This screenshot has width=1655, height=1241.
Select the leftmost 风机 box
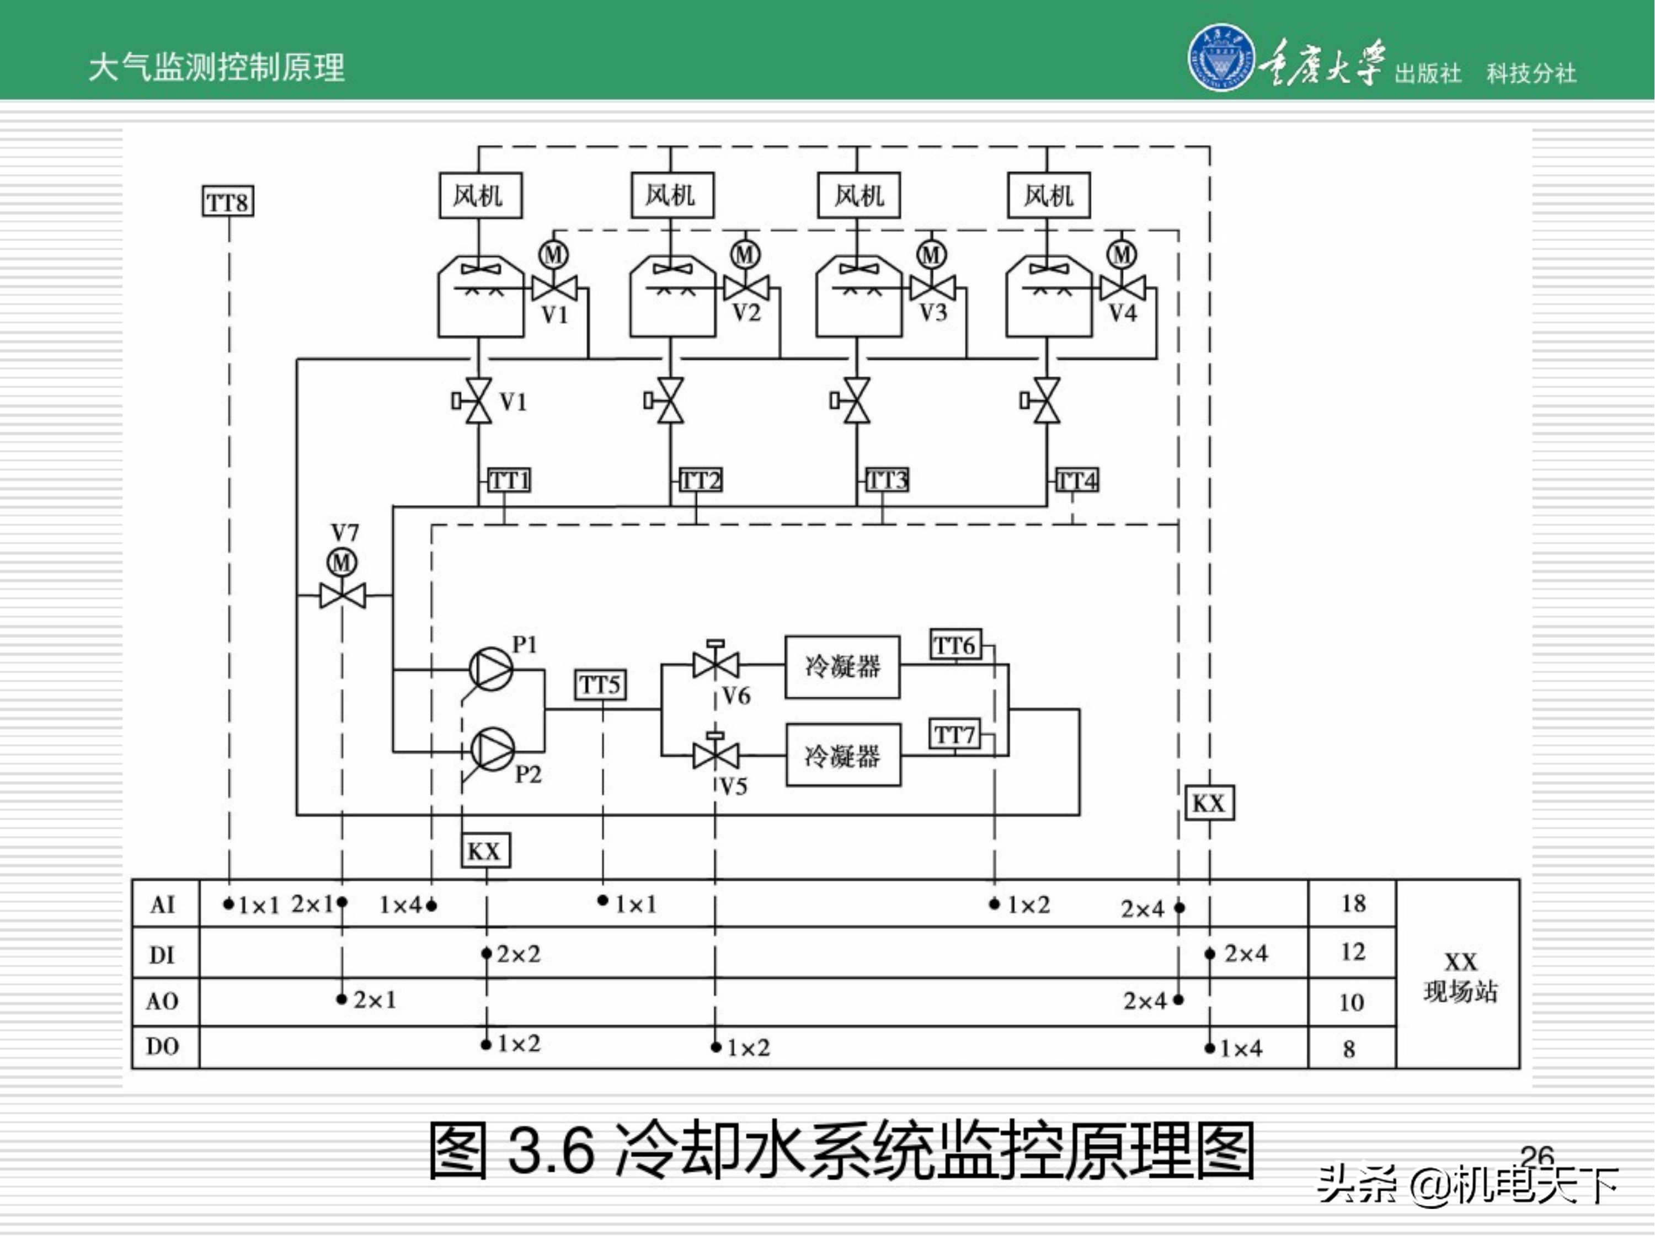[479, 196]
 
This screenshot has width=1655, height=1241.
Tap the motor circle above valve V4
[1122, 254]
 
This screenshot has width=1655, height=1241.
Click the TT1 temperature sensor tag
[510, 480]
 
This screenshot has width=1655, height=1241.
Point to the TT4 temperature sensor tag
[1077, 480]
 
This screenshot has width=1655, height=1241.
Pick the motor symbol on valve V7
[342, 563]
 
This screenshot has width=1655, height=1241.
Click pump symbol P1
[491, 668]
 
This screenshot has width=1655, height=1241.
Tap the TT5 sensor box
[600, 684]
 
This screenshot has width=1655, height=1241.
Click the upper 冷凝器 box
[842, 666]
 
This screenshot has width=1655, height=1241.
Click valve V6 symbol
[716, 664]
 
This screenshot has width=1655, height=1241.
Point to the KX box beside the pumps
[485, 850]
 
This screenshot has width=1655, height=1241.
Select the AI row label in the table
[163, 905]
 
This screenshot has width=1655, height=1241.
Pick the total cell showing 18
[1353, 903]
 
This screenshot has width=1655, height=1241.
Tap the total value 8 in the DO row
[1349, 1049]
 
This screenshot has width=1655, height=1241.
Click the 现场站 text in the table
[1460, 992]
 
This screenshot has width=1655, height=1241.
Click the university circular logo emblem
[1220, 57]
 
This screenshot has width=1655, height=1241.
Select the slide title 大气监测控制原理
[216, 67]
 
